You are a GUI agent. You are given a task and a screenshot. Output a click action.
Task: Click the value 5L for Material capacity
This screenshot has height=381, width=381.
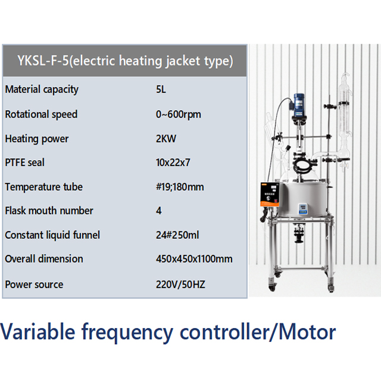coord(160,89)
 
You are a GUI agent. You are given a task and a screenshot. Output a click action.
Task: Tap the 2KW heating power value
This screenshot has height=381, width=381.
coord(165,139)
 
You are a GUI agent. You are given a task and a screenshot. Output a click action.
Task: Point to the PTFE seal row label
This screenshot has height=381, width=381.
coord(24,162)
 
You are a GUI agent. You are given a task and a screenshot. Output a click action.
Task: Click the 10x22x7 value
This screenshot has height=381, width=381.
coord(174,162)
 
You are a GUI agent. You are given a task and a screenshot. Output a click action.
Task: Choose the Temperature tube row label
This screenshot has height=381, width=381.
coord(43,187)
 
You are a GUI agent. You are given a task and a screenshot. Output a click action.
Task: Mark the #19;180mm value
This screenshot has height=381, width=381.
coord(180,187)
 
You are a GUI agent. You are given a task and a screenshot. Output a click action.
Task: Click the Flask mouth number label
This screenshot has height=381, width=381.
coord(49,211)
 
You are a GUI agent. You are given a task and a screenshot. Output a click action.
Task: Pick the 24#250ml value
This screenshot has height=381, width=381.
coord(177,235)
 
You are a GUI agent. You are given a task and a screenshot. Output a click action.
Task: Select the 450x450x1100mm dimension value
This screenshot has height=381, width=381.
coord(194,259)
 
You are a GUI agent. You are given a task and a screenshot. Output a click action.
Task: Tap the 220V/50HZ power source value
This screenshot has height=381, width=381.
coord(180,285)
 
